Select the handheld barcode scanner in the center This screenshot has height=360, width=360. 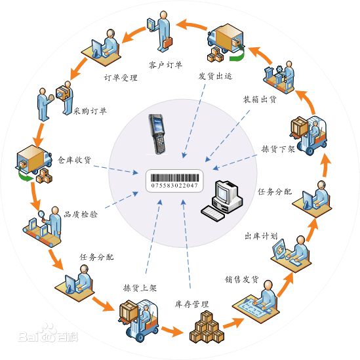coord(157,133)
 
